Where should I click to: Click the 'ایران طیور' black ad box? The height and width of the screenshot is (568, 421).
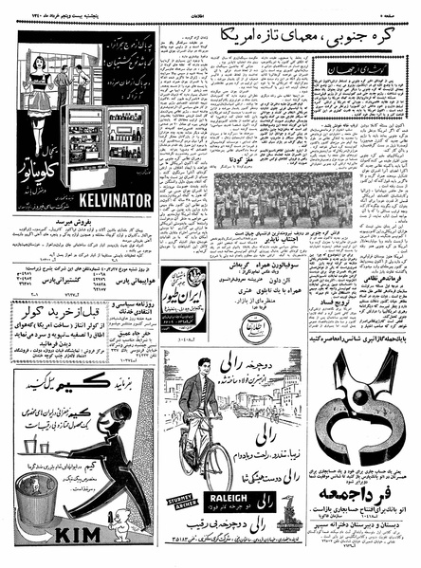[x=191, y=290]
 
